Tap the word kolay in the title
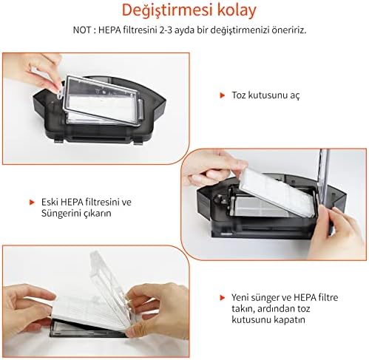coord(231,12)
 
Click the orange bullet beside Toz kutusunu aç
coord(223,95)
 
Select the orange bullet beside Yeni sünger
coord(223,296)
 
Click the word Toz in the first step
coord(238,95)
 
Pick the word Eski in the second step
coord(50,201)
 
